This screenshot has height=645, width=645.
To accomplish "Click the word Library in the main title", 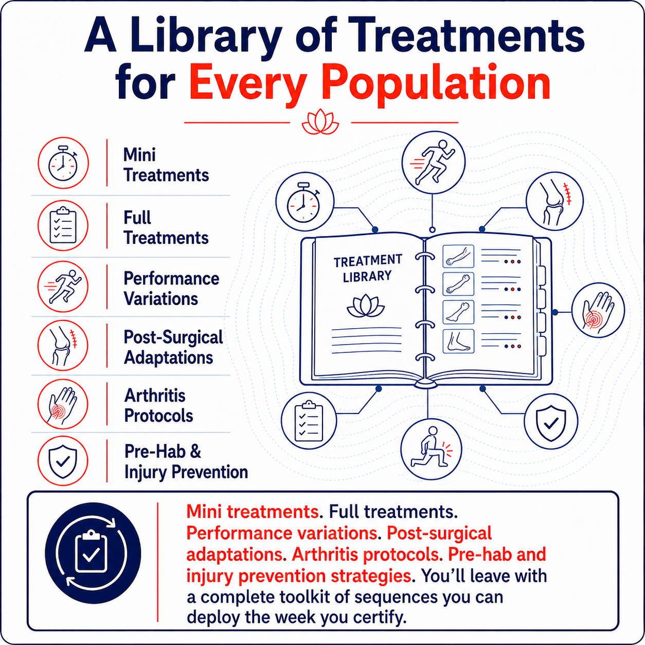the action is [x=207, y=40].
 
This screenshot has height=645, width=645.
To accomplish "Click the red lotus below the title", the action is [x=320, y=122].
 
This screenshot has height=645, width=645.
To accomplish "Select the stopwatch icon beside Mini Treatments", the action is [x=63, y=164].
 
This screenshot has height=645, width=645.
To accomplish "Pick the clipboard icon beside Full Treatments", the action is [x=63, y=225].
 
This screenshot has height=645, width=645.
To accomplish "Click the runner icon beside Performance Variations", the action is [x=63, y=286].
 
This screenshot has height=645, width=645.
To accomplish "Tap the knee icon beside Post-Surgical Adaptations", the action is [x=63, y=345].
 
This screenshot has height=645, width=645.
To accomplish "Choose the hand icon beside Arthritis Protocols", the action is [x=63, y=404].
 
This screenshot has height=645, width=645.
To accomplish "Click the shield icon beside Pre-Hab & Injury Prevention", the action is [x=63, y=460].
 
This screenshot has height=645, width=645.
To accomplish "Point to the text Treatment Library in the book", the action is [x=368, y=269].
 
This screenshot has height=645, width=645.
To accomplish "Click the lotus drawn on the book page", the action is [x=366, y=306].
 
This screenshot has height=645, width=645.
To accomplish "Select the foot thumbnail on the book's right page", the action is [x=458, y=342].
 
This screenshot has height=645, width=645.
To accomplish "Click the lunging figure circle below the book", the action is [x=431, y=450].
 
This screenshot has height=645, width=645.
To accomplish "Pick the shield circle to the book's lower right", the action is [x=551, y=422].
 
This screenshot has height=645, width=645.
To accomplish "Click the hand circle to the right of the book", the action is [x=598, y=312].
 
